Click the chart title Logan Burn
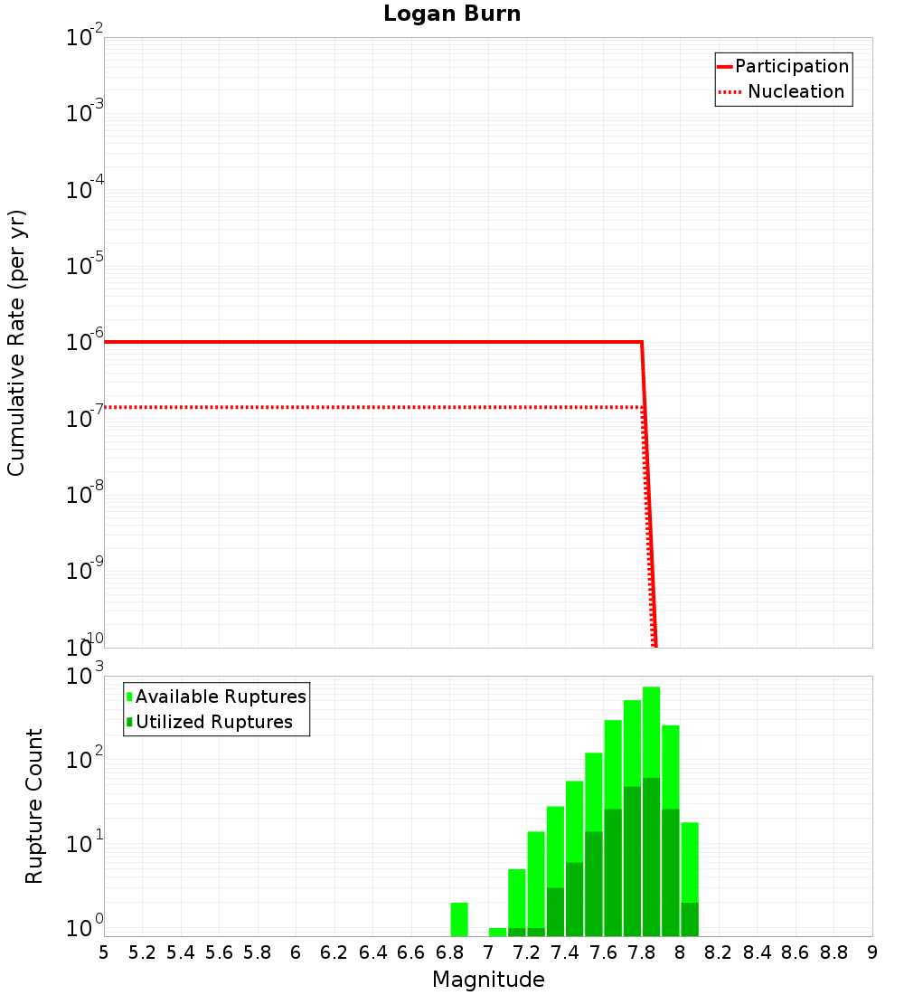coord(452,14)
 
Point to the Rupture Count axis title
coord(34,805)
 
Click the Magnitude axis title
coord(488,980)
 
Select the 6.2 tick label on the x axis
coord(334,952)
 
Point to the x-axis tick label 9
coord(872,952)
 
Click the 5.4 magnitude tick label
coord(180,952)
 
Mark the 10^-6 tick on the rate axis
coord(86,342)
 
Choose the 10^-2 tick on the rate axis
coord(86,38)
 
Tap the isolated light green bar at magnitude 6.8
coord(459,919)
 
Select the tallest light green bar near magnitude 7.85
coord(651,724)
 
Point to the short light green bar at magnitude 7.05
coord(497,932)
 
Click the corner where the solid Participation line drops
coord(641,342)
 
